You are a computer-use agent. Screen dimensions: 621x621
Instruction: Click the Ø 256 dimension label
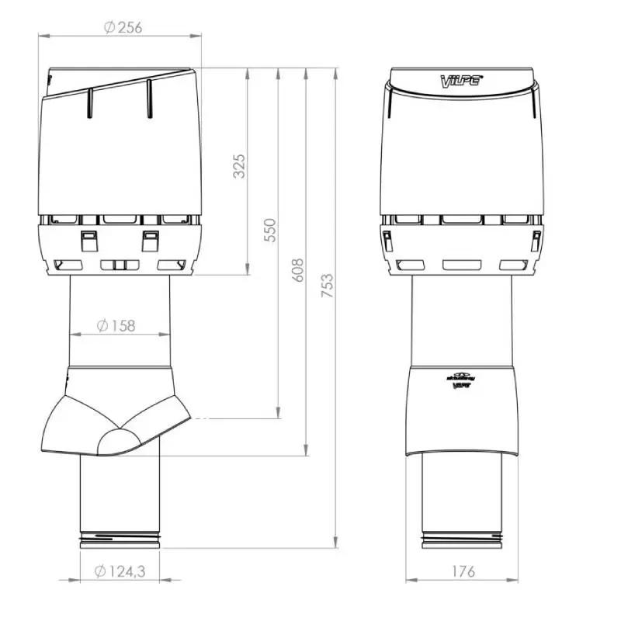click(x=123, y=27)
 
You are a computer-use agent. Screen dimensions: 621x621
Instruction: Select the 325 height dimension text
click(x=239, y=166)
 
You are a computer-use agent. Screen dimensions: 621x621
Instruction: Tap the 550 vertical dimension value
click(x=270, y=230)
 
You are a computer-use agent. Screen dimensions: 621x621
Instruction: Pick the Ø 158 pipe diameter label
click(x=117, y=325)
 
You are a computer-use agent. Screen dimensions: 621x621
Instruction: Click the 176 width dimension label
click(x=462, y=572)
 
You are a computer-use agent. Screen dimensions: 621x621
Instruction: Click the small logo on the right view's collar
click(x=461, y=378)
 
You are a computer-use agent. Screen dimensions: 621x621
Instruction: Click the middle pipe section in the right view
click(x=461, y=318)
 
